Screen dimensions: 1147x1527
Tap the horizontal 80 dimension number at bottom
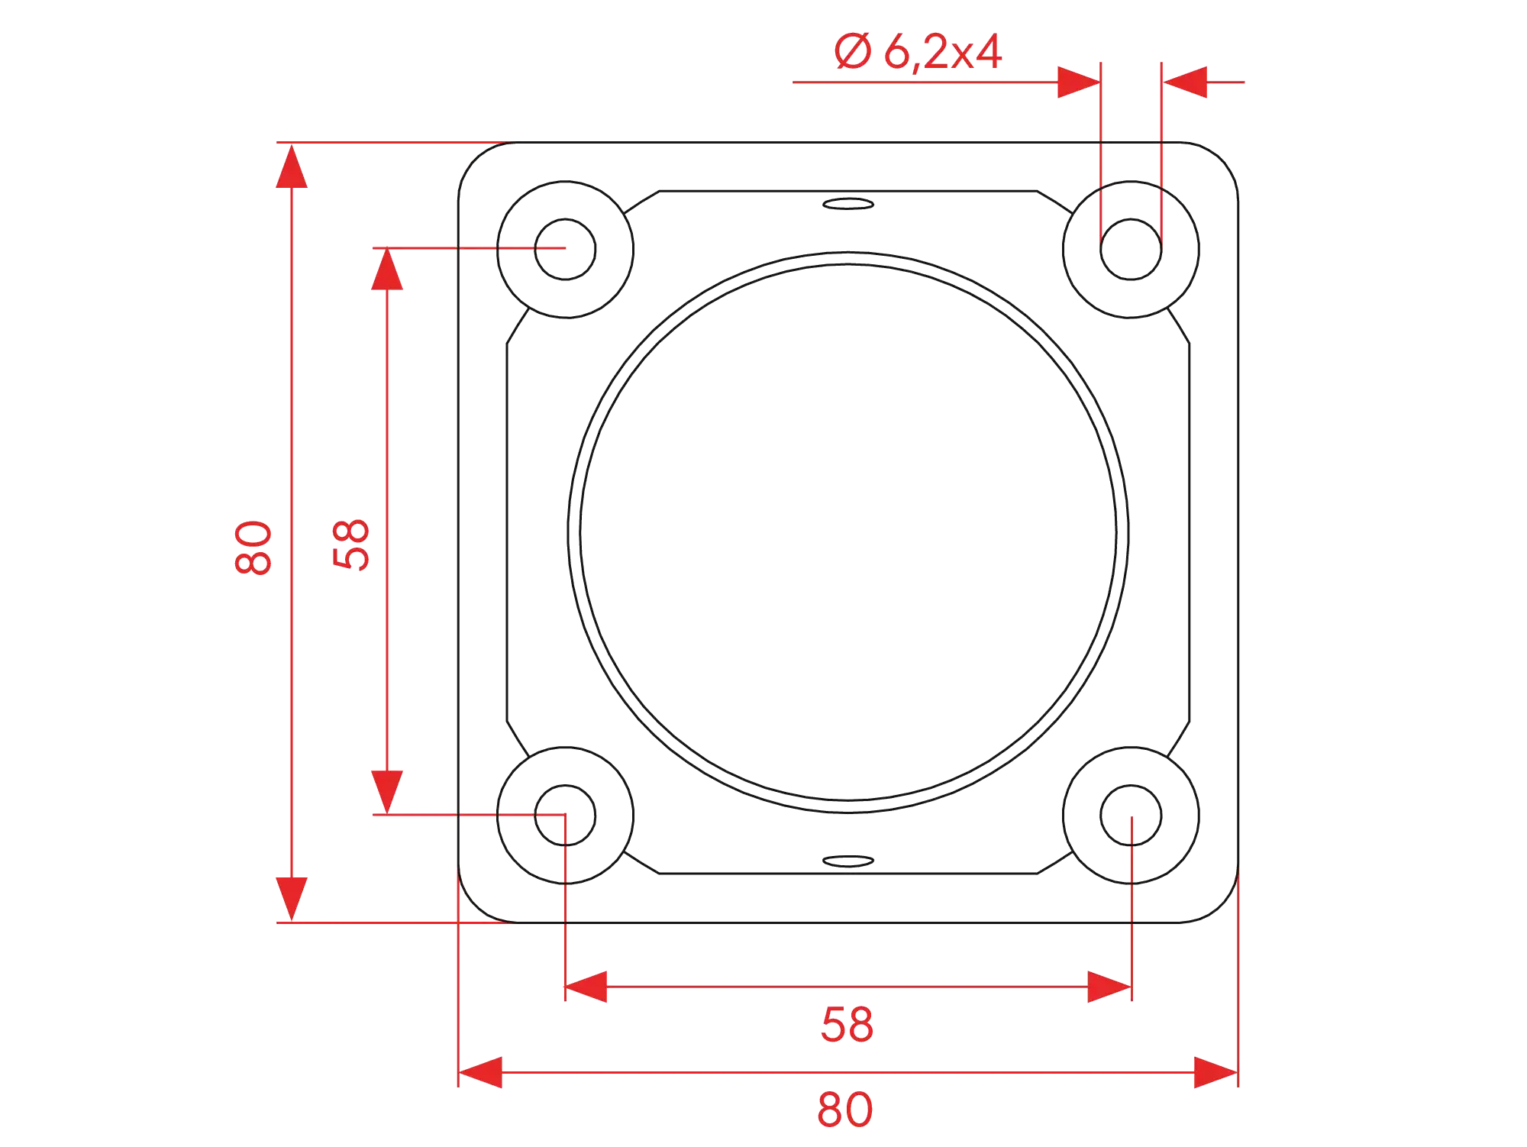(x=845, y=1110)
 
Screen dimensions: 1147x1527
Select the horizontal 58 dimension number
(x=846, y=1025)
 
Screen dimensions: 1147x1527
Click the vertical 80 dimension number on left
(x=253, y=548)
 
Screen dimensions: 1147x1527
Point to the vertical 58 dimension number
(x=350, y=545)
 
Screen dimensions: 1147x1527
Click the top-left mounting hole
(x=565, y=248)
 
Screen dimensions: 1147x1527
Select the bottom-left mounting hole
(x=565, y=815)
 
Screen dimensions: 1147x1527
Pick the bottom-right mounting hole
(x=1132, y=815)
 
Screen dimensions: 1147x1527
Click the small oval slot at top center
(x=848, y=204)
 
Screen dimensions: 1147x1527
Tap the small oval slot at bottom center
(x=848, y=861)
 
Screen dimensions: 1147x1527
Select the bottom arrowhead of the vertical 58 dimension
(x=388, y=791)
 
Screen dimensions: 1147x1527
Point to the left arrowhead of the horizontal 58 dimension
(x=586, y=987)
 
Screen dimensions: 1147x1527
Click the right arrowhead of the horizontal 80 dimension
(x=1215, y=1072)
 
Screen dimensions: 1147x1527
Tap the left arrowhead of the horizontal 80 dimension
(x=481, y=1072)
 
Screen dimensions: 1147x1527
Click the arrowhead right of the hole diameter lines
(x=1186, y=82)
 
